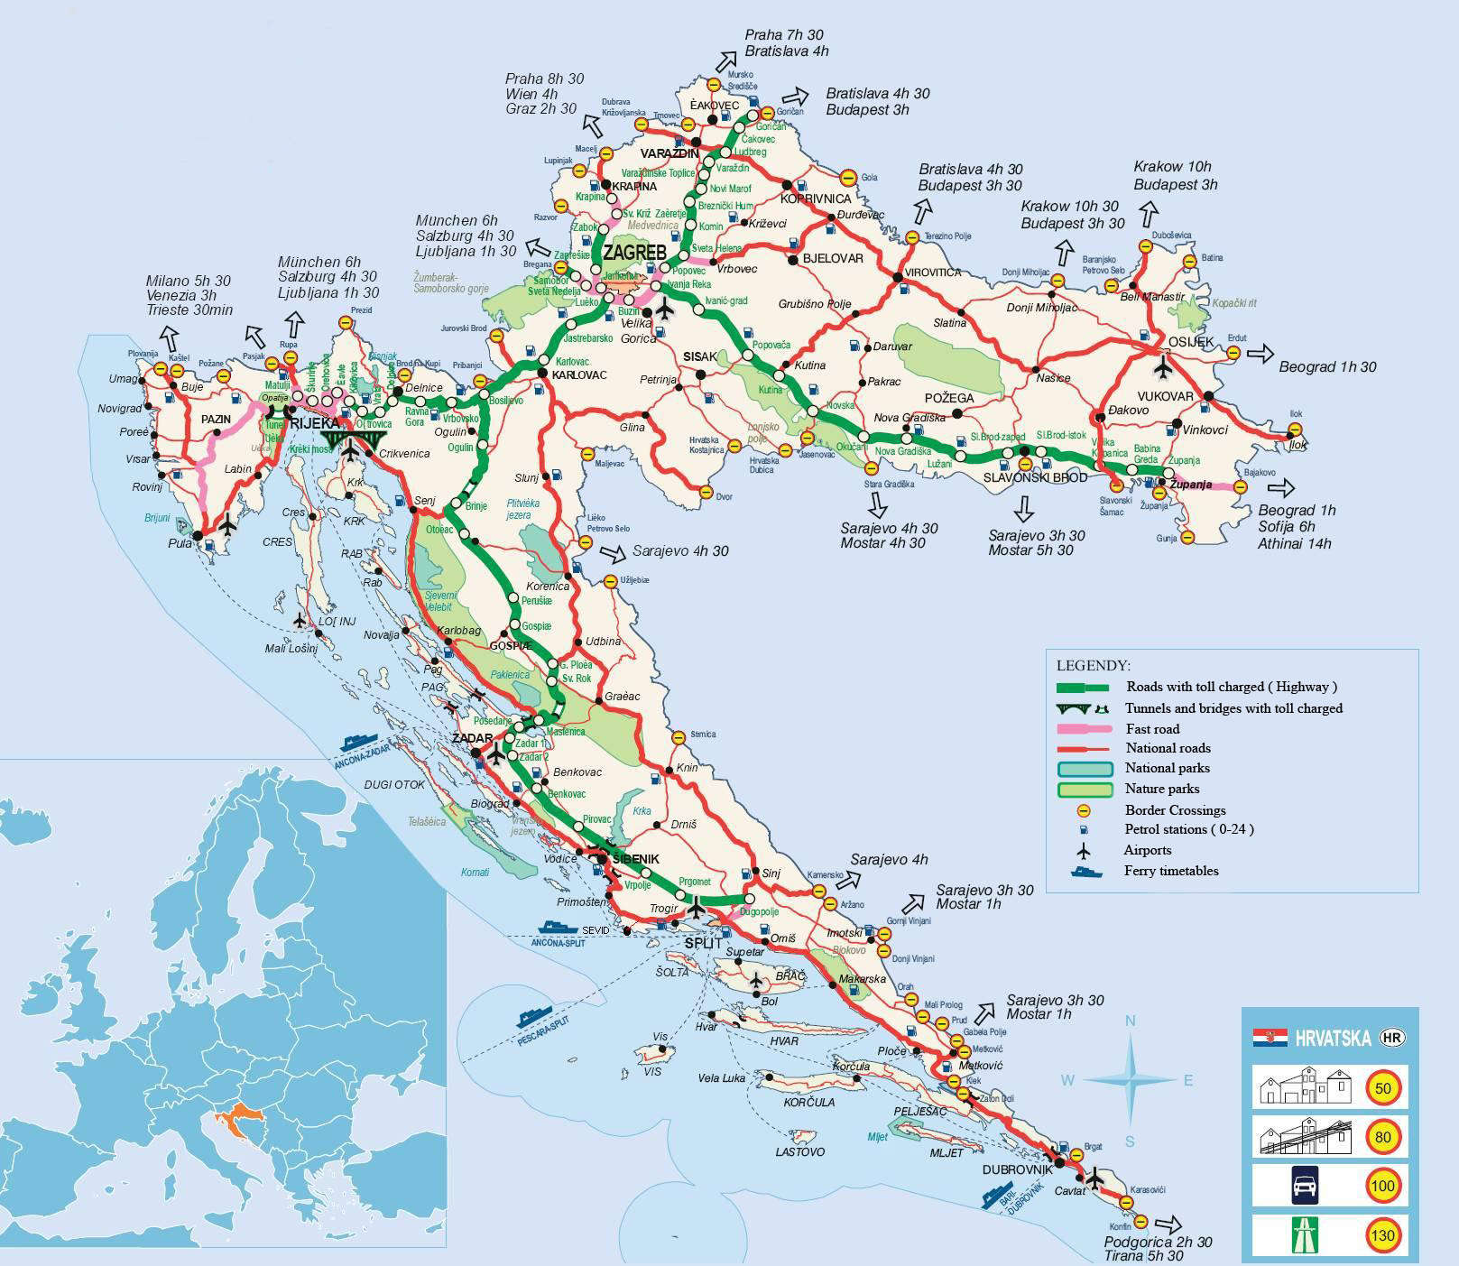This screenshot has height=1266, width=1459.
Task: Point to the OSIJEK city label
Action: (x=1192, y=343)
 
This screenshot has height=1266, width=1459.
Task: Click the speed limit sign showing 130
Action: (x=1382, y=1235)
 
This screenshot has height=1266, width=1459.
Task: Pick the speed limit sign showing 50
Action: (x=1382, y=1088)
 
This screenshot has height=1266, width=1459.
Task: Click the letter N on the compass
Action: (x=1130, y=1021)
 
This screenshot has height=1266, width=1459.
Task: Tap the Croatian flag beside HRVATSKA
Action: (x=1270, y=1037)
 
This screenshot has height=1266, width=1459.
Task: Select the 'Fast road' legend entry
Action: (x=1152, y=729)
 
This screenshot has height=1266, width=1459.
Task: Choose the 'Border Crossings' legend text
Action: (x=1175, y=810)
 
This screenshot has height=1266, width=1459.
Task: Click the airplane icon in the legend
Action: (x=1084, y=851)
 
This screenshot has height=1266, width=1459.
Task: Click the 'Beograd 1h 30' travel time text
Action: (x=1327, y=367)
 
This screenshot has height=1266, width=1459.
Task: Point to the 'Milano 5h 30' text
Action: (x=189, y=281)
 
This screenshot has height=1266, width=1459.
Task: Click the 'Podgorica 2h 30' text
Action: (x=1159, y=1243)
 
